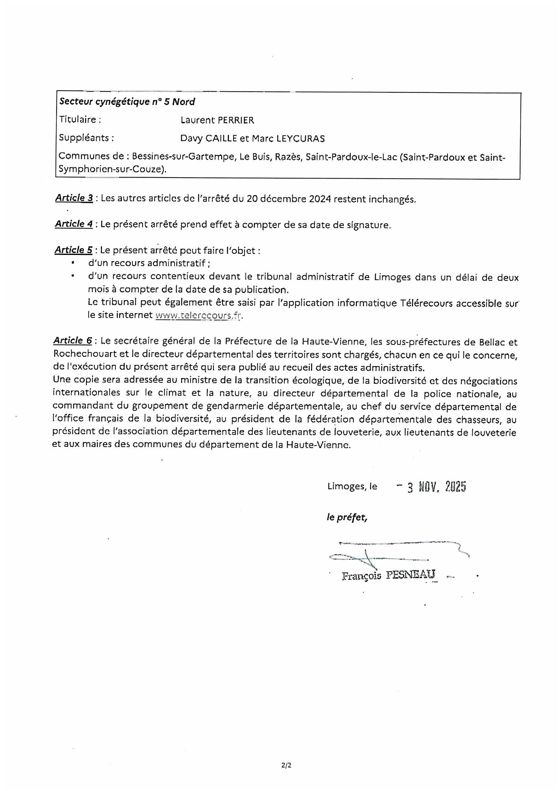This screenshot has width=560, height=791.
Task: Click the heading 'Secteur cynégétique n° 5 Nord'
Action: (127, 102)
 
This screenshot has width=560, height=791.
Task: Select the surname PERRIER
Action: (236, 120)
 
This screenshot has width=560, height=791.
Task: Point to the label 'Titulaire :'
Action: (80, 119)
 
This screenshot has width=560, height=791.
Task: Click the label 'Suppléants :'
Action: (87, 138)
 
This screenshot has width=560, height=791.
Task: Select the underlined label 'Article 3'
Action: (74, 198)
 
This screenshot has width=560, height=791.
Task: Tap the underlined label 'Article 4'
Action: (74, 224)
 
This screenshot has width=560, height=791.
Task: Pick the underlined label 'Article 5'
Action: (73, 250)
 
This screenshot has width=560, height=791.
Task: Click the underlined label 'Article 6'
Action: (73, 341)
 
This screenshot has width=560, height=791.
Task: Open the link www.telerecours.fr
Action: (199, 315)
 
